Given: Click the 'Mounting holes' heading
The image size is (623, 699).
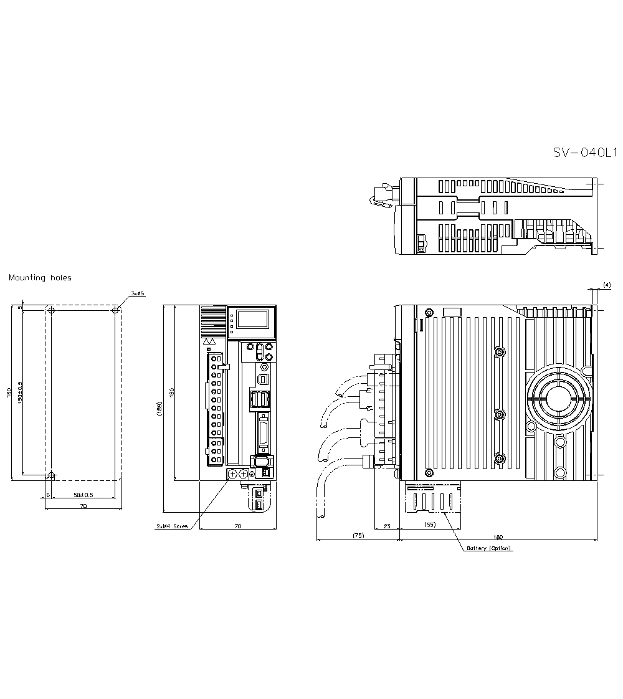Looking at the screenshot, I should (x=40, y=278).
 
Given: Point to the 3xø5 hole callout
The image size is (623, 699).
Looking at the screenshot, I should (x=138, y=293).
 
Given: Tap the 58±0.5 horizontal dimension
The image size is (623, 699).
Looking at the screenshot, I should (x=83, y=495).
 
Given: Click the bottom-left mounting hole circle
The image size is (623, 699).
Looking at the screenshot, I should (x=52, y=476).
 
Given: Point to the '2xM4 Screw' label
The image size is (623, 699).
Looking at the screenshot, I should (x=173, y=526).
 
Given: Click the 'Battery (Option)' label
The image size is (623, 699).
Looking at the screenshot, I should (x=489, y=548).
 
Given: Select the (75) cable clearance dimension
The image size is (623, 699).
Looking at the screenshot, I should (x=358, y=535).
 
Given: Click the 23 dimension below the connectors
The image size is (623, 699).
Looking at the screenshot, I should (x=386, y=526).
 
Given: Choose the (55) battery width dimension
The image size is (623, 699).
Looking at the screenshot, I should (x=429, y=525).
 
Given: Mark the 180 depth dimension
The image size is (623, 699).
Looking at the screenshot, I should (x=498, y=536).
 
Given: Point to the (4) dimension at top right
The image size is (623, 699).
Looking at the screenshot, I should (x=606, y=285).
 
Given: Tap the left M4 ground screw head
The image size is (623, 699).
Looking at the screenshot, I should (x=232, y=475).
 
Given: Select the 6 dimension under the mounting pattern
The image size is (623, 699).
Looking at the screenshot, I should (x=48, y=495).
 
